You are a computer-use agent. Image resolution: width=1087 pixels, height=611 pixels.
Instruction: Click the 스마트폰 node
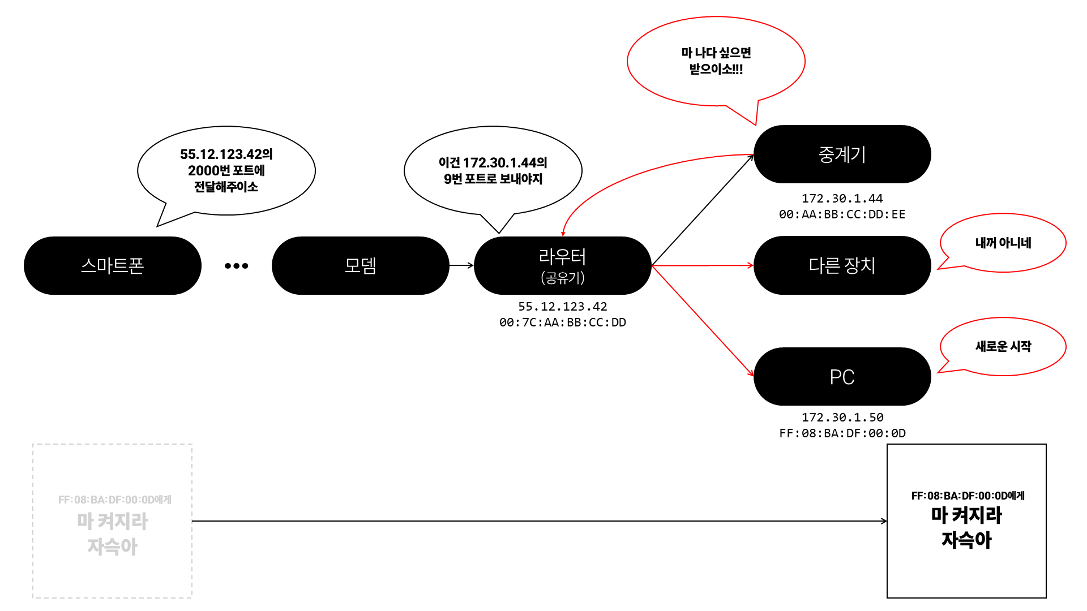click(112, 265)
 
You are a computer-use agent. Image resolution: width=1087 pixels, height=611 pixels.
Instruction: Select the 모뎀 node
click(360, 265)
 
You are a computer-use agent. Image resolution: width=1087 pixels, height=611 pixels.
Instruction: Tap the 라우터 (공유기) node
click(562, 265)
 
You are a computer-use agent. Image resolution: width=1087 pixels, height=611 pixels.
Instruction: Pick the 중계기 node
click(842, 154)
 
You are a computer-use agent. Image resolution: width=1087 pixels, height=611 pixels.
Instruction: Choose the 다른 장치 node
click(842, 265)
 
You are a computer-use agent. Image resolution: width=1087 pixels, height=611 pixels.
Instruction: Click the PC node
click(842, 377)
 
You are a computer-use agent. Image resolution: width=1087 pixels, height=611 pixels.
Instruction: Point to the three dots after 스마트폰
click(236, 266)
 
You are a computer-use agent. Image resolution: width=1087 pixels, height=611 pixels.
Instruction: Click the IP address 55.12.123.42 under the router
click(562, 307)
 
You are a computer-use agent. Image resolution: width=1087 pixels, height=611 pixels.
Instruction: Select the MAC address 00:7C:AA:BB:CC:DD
click(562, 322)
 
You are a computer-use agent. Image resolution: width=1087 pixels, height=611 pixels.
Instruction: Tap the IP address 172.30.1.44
click(842, 199)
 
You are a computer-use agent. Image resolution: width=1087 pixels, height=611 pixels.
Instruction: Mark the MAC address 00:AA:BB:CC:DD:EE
click(842, 214)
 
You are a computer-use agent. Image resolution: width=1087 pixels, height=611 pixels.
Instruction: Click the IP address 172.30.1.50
click(842, 418)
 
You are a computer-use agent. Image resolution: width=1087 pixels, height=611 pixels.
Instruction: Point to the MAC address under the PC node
click(842, 433)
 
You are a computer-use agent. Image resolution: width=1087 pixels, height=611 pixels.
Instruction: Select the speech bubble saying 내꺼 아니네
click(1003, 243)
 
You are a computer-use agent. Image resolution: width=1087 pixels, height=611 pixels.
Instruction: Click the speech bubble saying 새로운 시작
click(1003, 346)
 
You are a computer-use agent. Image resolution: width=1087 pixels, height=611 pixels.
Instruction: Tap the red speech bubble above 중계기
click(716, 61)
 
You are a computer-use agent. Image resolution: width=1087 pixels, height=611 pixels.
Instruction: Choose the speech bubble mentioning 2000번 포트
click(226, 170)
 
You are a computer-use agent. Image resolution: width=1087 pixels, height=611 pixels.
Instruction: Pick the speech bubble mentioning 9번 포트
click(493, 170)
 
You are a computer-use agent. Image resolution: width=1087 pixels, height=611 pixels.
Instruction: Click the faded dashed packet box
click(112, 521)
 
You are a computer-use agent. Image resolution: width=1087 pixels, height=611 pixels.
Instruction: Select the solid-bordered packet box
click(966, 521)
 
